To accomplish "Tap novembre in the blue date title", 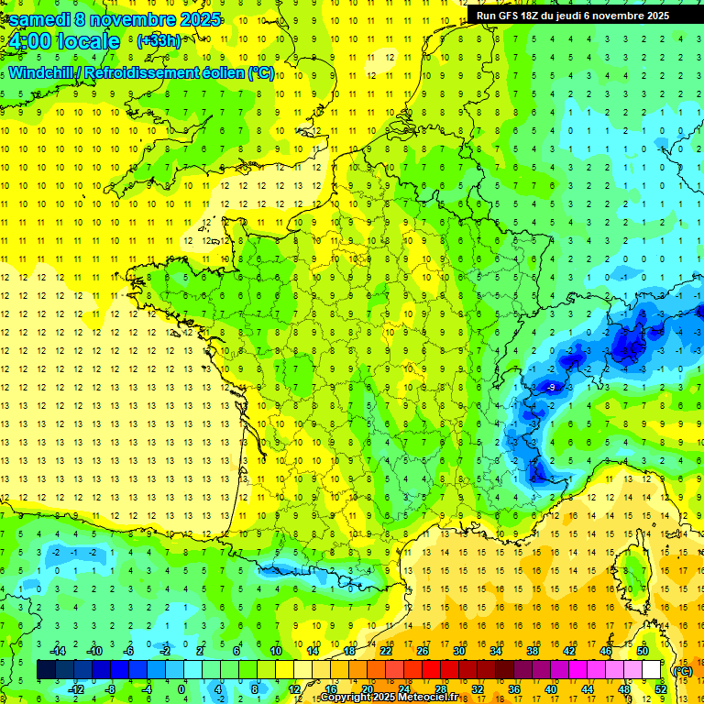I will point(134,19).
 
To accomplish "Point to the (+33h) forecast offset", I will point(159,41).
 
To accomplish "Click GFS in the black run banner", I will point(508,16).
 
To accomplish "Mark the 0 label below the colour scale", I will point(181,689).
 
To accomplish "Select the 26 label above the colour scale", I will point(422,651).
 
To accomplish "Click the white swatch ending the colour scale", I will point(651,670).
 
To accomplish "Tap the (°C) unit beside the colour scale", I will point(682,670).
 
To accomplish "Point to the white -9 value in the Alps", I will point(551,389).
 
